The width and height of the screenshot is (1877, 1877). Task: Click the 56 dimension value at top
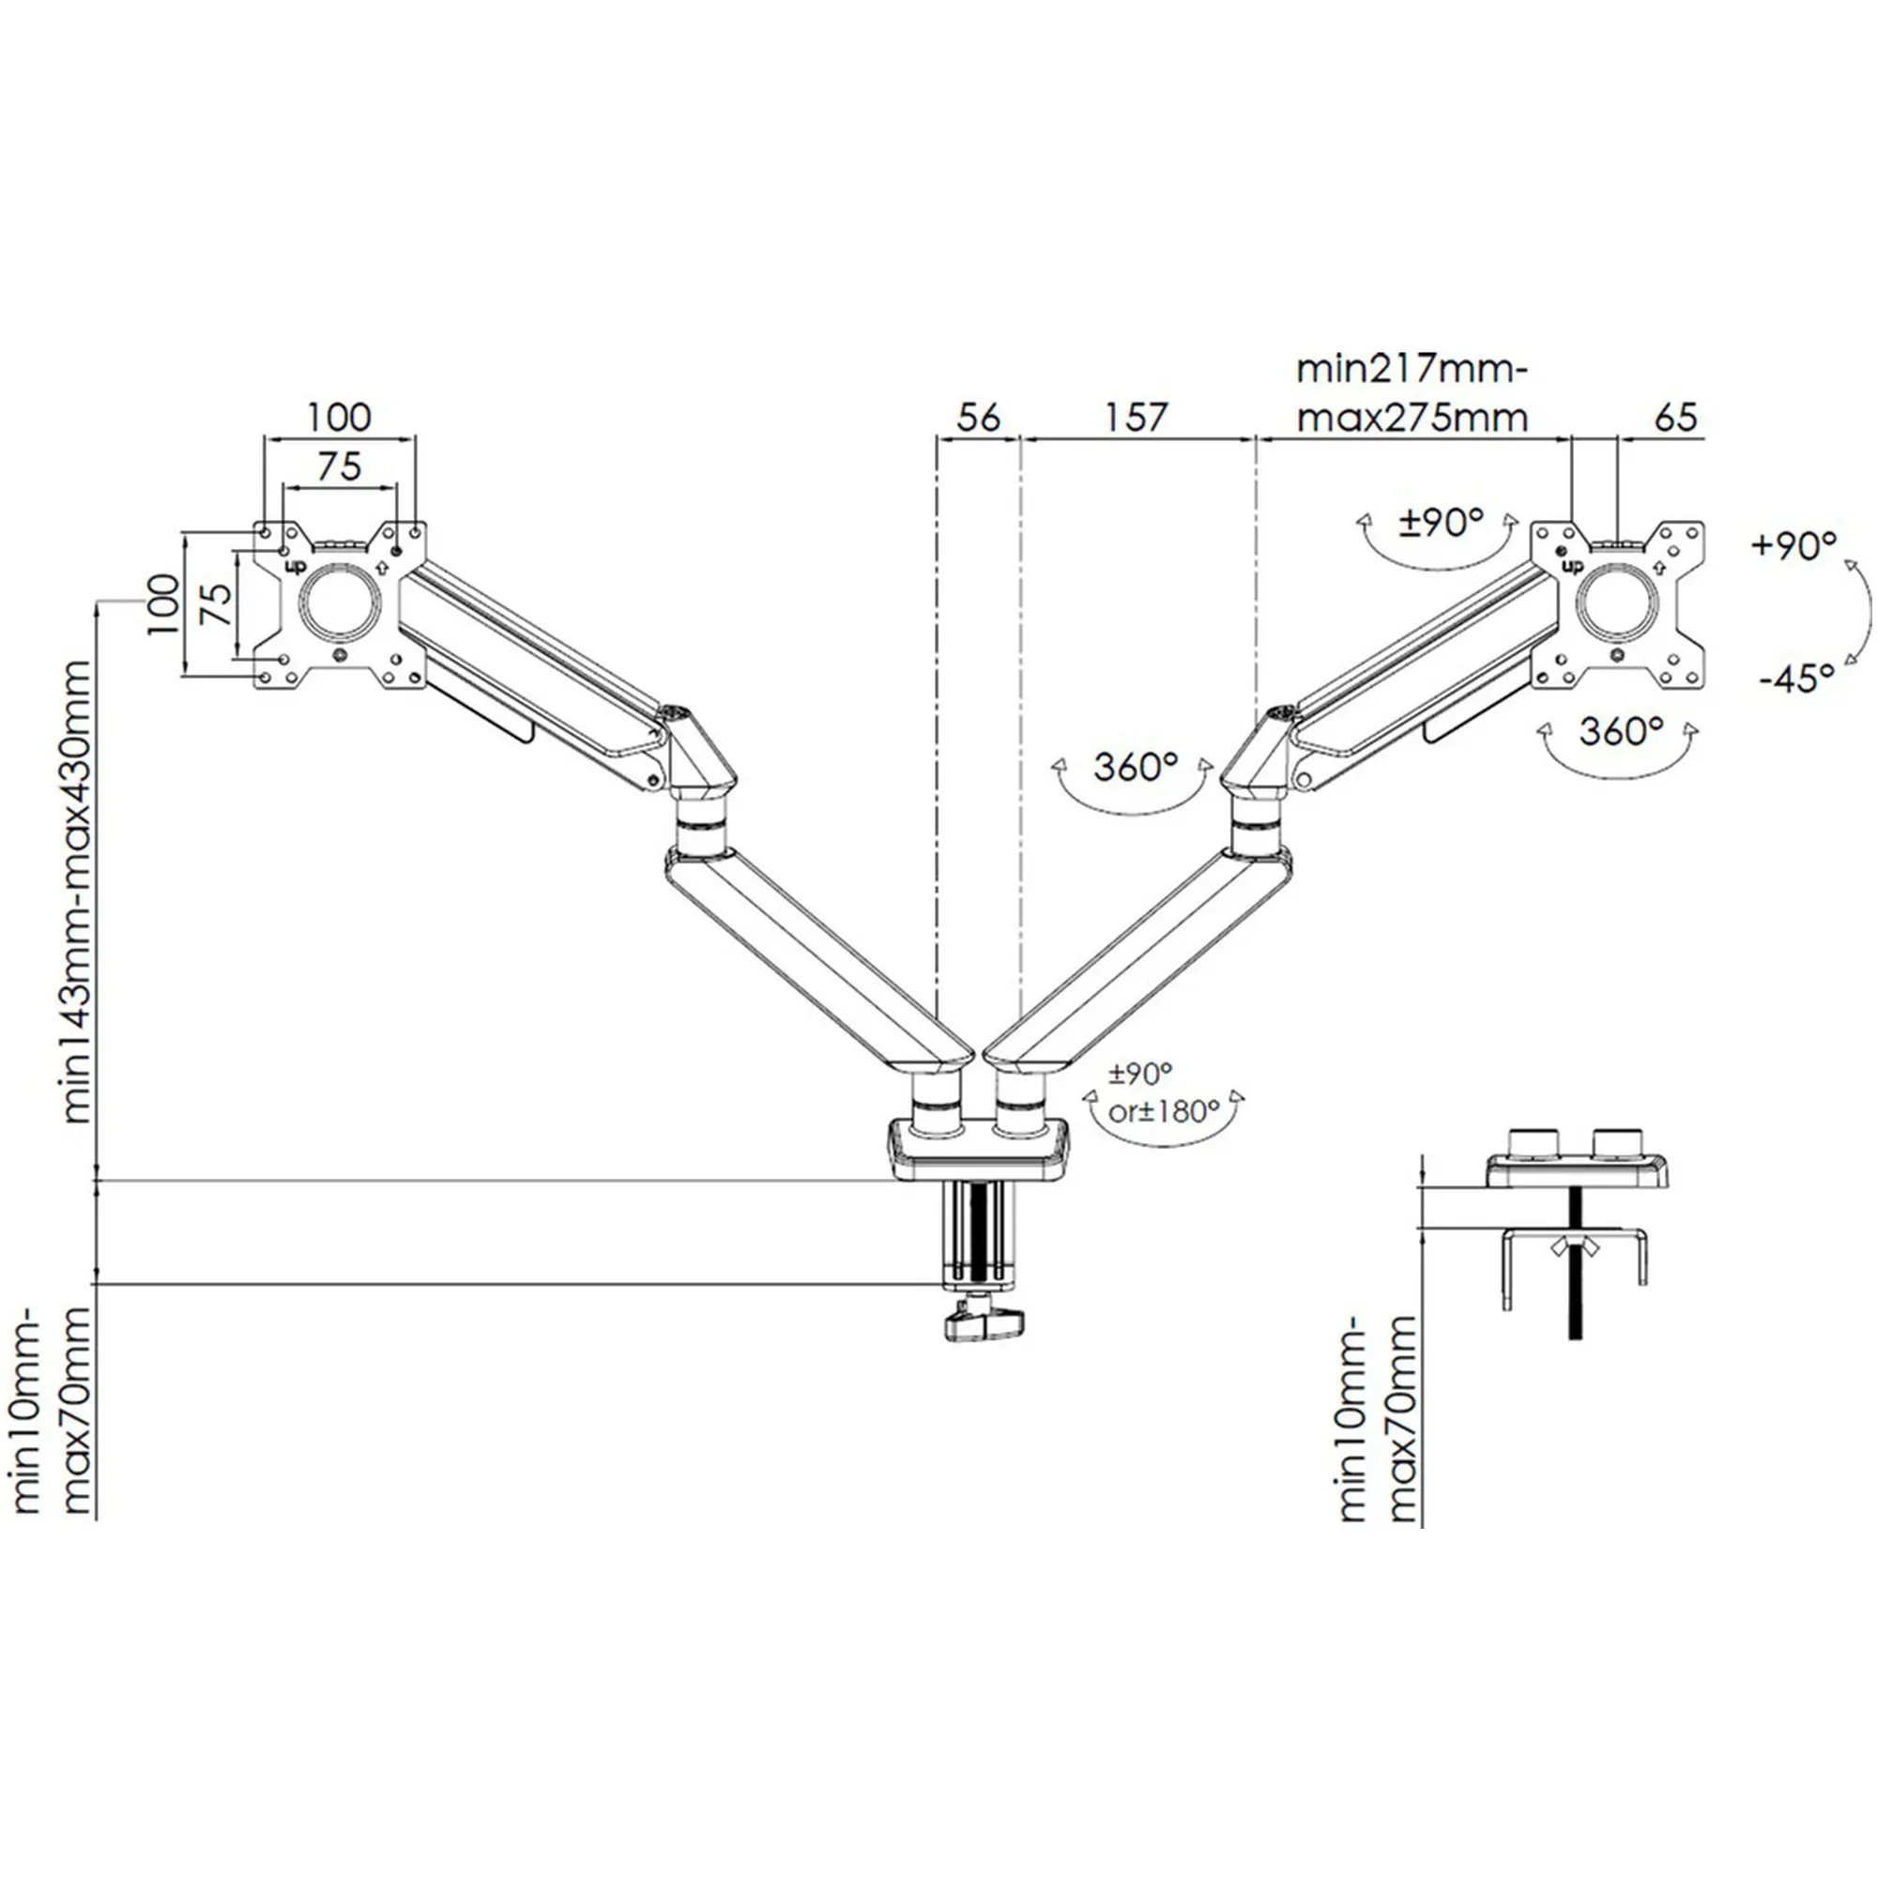click(x=977, y=418)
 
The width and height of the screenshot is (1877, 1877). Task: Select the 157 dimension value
click(x=1135, y=418)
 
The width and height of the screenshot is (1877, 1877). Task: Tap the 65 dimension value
click(x=1675, y=418)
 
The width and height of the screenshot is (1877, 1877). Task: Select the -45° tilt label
click(x=1795, y=679)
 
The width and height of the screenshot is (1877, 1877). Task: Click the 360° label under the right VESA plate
click(x=1621, y=730)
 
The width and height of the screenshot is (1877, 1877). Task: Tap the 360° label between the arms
click(x=1135, y=767)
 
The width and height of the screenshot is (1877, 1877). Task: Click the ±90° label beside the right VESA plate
click(x=1440, y=524)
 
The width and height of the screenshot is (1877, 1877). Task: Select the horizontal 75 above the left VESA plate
click(x=339, y=466)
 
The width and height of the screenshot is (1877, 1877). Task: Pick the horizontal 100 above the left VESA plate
click(x=339, y=418)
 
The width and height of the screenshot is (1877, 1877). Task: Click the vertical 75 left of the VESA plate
click(x=220, y=605)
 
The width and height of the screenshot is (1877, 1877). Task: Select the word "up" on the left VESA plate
click(x=293, y=564)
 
